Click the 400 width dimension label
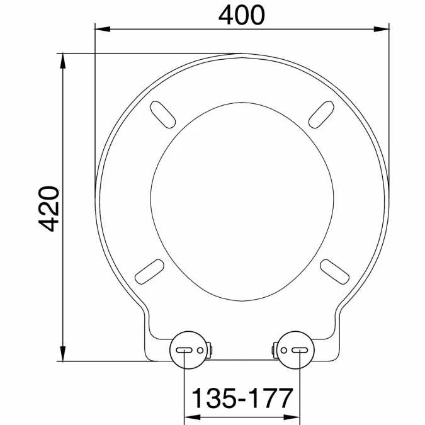(x=241, y=15)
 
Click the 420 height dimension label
(x=48, y=208)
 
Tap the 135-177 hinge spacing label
(x=242, y=398)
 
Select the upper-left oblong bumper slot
(x=162, y=115)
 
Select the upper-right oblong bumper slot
(x=322, y=115)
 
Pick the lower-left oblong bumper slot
(x=149, y=271)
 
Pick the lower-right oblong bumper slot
(x=335, y=271)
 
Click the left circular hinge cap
(x=189, y=350)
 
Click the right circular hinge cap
(x=295, y=350)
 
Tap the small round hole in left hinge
(x=200, y=350)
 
